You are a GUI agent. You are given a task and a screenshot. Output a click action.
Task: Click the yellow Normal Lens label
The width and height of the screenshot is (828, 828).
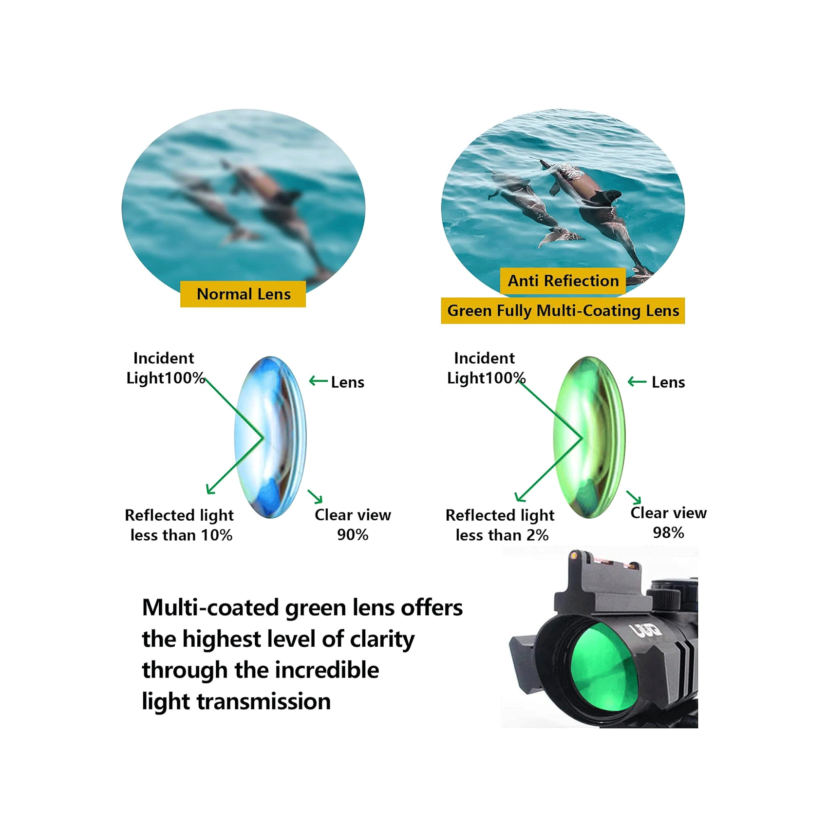coord(243,294)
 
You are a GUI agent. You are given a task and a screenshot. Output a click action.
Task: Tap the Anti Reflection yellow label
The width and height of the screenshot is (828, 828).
coord(563,281)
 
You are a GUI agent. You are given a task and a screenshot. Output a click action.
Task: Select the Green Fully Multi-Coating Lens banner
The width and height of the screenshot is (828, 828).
coord(563,311)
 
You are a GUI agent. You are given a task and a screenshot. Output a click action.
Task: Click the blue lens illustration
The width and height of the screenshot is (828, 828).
coord(271,437)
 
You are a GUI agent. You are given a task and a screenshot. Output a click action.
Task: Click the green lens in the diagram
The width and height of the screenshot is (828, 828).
coord(590,437)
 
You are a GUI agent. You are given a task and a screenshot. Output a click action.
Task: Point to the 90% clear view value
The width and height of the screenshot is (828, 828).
coord(353,535)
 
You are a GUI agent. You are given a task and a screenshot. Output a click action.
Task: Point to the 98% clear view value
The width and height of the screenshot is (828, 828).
coord(668,533)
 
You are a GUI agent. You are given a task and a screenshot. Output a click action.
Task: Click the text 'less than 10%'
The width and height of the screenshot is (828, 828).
coord(181,535)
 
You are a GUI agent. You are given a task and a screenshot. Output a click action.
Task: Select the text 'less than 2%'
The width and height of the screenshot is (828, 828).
coord(502,535)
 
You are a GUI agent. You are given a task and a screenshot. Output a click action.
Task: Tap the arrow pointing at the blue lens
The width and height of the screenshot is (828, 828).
coord(319,381)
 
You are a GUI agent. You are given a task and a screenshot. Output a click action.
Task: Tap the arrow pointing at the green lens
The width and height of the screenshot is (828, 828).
coord(637,381)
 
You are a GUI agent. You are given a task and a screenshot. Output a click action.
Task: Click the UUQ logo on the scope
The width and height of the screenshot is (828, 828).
coord(647,631)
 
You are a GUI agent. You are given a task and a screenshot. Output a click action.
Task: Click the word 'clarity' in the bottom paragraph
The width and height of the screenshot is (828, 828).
coord(382,639)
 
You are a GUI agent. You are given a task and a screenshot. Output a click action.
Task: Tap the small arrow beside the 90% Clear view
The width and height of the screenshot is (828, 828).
coord(316,496)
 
